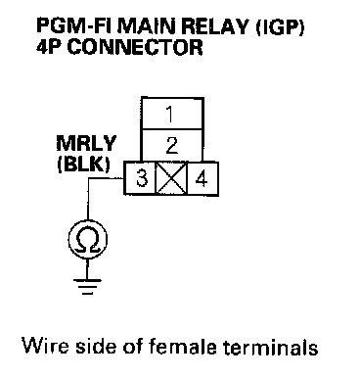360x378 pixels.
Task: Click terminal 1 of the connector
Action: click(x=172, y=114)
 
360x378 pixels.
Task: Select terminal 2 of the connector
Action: click(x=172, y=145)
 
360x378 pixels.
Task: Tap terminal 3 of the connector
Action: click(x=141, y=178)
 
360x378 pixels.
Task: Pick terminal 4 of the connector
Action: click(x=202, y=178)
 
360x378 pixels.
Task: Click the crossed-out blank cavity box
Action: click(x=171, y=178)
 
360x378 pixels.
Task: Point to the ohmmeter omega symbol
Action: click(x=87, y=241)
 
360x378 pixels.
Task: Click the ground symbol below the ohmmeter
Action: click(x=87, y=287)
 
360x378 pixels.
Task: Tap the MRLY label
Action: click(x=86, y=143)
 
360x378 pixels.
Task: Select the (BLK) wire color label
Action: click(x=84, y=165)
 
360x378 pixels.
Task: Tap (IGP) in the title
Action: click(x=280, y=26)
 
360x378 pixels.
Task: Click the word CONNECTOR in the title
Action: click(x=135, y=47)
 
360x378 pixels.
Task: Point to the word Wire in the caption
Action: click(x=45, y=346)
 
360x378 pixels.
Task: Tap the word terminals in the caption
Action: click(x=271, y=347)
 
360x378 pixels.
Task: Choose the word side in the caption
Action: click(x=96, y=346)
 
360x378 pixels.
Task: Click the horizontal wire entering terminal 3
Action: click(x=106, y=178)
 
